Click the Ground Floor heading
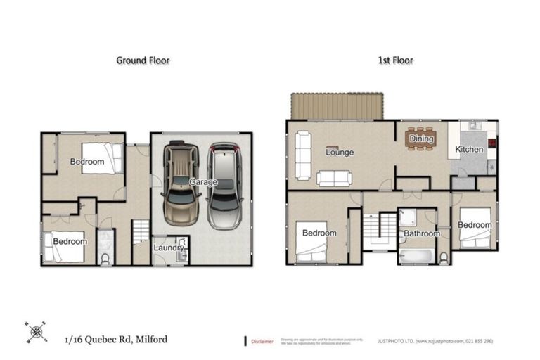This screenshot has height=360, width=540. tap(143, 60)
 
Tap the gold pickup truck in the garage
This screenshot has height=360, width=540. tap(180, 184)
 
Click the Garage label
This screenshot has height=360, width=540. tap(202, 182)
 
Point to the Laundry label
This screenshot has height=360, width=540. tap(169, 247)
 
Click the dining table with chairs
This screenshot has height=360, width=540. tap(422, 138)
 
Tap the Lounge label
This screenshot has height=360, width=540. tap(340, 152)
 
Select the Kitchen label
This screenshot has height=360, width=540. tap(469, 149)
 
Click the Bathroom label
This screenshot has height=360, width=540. tap(421, 233)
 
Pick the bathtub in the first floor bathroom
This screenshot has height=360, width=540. tap(415, 255)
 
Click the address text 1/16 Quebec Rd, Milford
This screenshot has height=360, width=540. tap(116, 340)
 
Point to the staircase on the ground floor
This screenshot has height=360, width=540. tap(141, 232)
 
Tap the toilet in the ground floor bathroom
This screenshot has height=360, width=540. tap(105, 258)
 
